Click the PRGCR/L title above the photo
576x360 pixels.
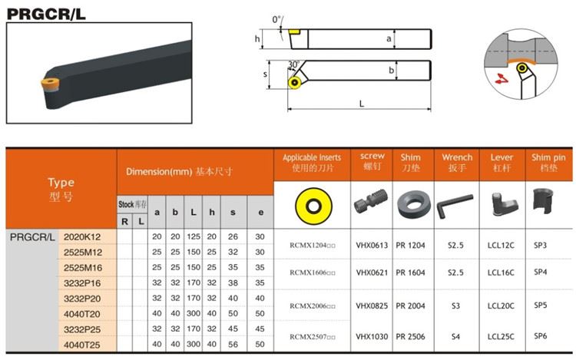[46, 14]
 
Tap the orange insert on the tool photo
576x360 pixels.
[50, 84]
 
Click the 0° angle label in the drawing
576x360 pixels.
[276, 19]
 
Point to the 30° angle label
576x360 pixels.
[294, 64]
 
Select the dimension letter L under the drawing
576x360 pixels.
[362, 104]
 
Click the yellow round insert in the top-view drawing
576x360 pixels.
[295, 83]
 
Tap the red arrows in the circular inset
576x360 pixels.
[501, 78]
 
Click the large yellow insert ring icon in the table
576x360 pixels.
[313, 206]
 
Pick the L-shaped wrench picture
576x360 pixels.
[455, 206]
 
